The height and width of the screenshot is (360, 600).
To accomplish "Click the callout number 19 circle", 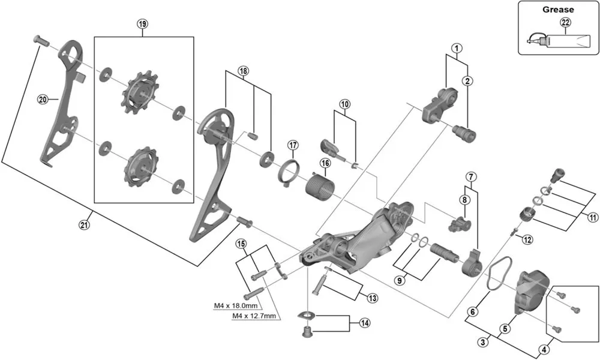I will (x=142, y=24).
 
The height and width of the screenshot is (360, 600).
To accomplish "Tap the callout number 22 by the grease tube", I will (x=565, y=23).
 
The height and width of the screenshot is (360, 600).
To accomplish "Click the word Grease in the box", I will (x=558, y=10).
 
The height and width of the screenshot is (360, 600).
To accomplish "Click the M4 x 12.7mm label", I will (x=254, y=316).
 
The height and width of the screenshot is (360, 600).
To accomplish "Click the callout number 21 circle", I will (x=83, y=225).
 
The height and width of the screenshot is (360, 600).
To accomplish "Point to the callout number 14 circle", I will (x=364, y=323).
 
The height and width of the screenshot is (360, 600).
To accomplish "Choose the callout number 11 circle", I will (x=593, y=217).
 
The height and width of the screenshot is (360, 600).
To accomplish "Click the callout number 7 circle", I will (x=471, y=177).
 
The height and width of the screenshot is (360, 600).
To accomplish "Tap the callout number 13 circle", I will (x=373, y=298).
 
